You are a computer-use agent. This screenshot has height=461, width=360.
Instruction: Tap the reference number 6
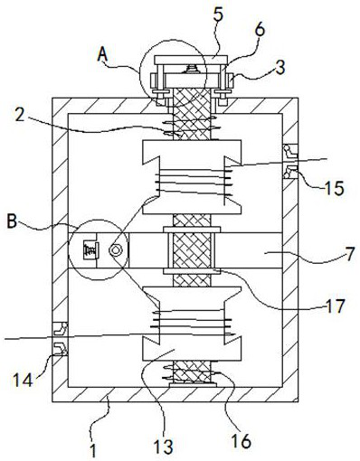[260, 30]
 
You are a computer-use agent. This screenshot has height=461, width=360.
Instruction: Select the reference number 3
[280, 68]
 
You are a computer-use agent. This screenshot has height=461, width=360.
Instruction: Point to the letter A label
[103, 55]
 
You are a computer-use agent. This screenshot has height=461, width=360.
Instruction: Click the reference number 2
[20, 116]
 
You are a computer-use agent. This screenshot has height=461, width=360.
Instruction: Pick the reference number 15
[334, 189]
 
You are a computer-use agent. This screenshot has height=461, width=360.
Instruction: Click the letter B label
[12, 221]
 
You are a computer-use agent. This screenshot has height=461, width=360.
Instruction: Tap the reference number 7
[350, 255]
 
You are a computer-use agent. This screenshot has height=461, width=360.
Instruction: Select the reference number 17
[336, 306]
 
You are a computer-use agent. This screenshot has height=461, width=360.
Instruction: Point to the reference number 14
[23, 381]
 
